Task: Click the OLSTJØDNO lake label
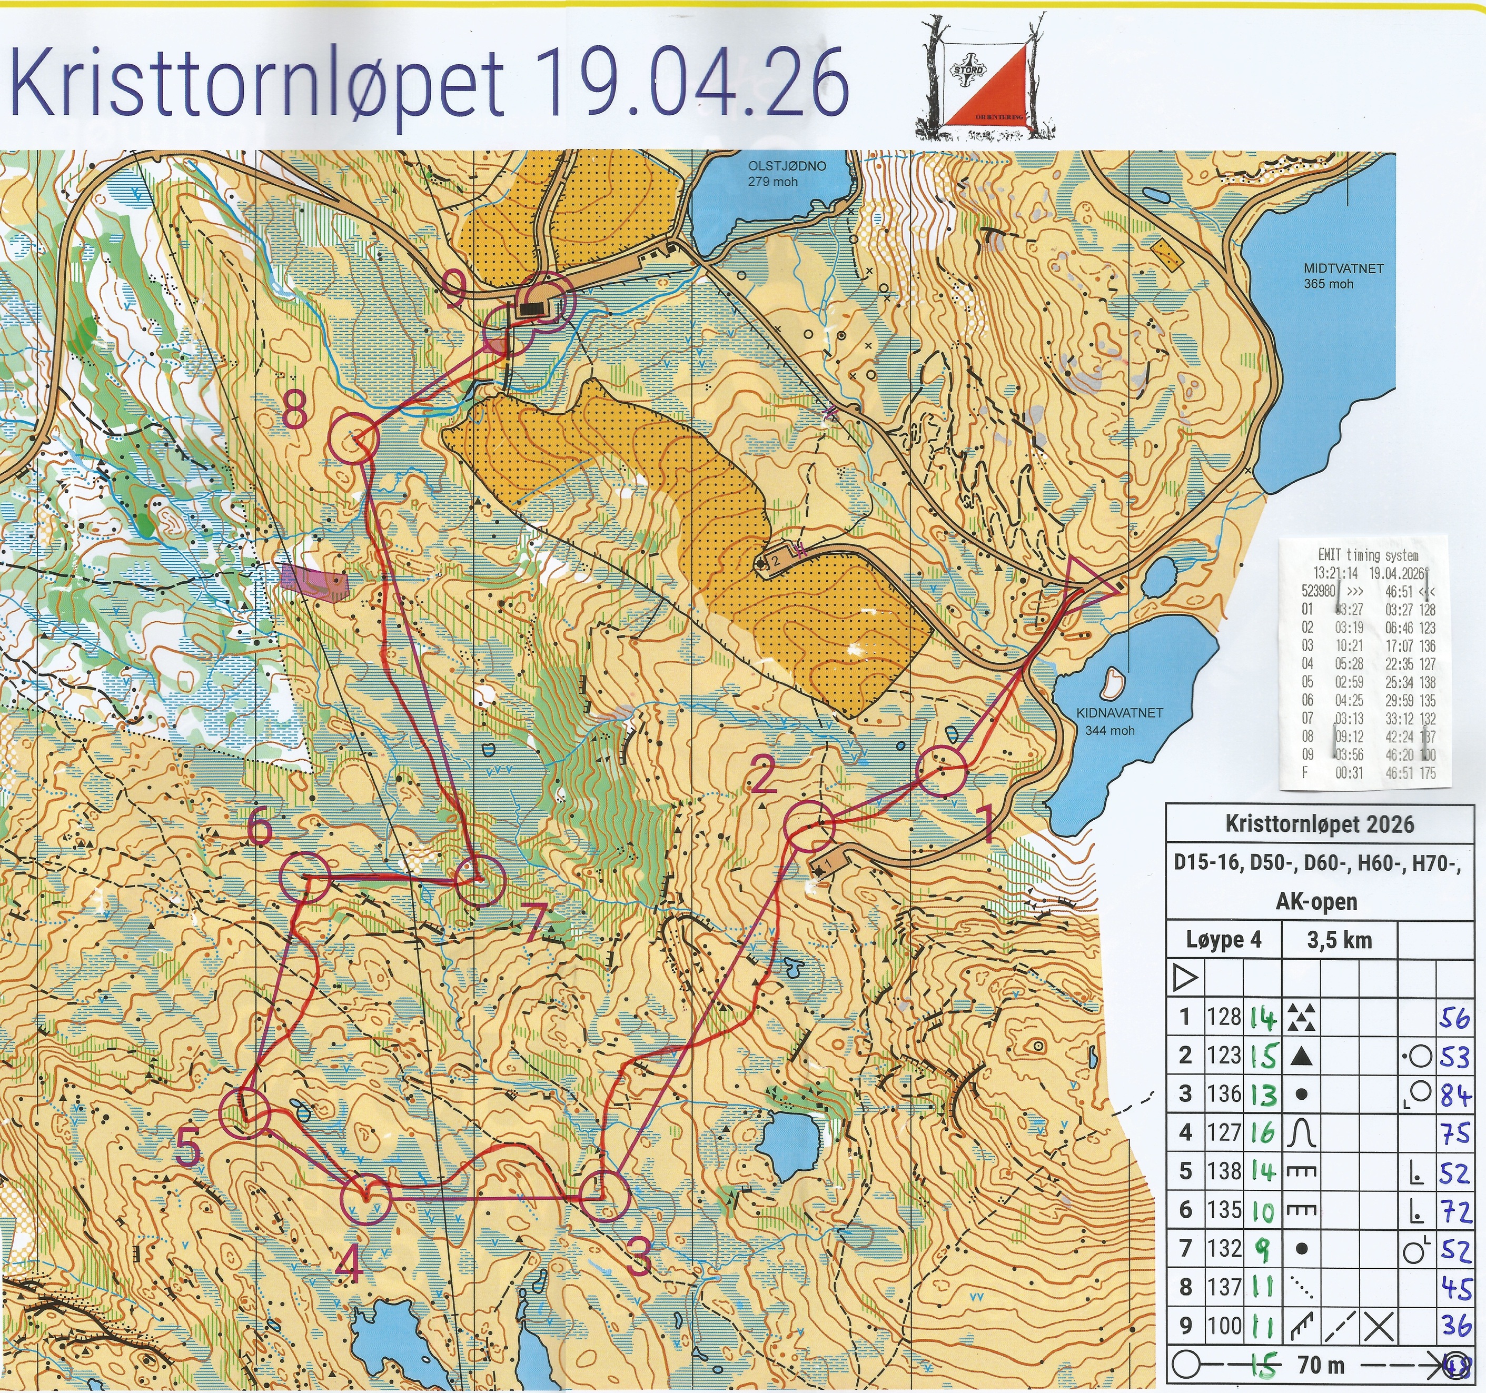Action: pyautogui.click(x=786, y=173)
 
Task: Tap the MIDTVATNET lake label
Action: pyautogui.click(x=1343, y=275)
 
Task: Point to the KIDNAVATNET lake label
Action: pyautogui.click(x=1119, y=721)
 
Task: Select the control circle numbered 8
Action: pyautogui.click(x=353, y=439)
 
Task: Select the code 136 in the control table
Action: pyautogui.click(x=1224, y=1094)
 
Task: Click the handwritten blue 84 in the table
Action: pyautogui.click(x=1454, y=1096)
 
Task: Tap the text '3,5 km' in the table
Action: pyautogui.click(x=1340, y=940)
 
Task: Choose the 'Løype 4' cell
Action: pyautogui.click(x=1224, y=940)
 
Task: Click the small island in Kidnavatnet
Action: pyautogui.click(x=1112, y=680)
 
